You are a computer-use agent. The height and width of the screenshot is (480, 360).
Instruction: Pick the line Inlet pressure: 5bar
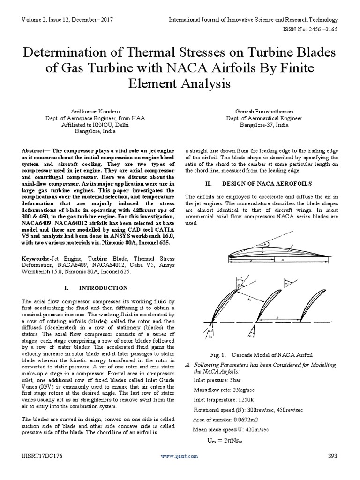click(x=217, y=381)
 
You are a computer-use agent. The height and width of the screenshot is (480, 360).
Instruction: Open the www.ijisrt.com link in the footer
click(x=179, y=456)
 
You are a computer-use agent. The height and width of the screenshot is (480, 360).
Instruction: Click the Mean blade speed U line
click(x=231, y=430)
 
